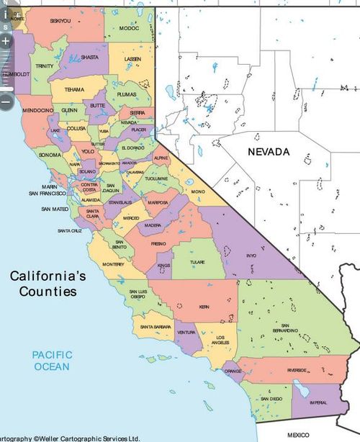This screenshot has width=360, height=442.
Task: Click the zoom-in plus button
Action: coord(6,41)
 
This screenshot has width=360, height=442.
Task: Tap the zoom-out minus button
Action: coord(6,102)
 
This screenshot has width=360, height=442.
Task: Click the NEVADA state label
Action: coord(268,152)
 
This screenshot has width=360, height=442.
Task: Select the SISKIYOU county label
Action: coord(60,21)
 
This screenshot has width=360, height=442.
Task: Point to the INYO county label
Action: coord(251,255)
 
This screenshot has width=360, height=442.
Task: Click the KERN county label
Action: coord(204,307)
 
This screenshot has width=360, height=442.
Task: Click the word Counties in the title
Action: coord(43,292)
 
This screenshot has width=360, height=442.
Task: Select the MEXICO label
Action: coord(297,435)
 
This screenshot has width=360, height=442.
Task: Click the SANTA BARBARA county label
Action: coord(157,327)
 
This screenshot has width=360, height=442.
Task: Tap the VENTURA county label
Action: coord(186,333)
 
